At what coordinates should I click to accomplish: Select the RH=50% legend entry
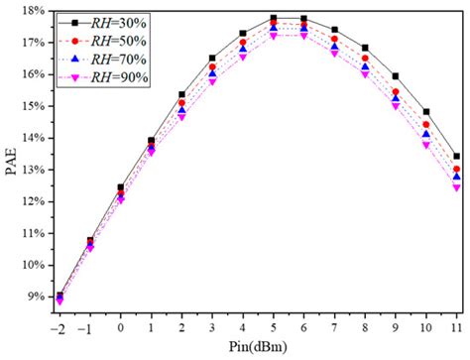(x=115, y=42)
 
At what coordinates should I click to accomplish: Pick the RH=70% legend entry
(x=115, y=60)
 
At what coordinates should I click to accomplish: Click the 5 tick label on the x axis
(x=274, y=324)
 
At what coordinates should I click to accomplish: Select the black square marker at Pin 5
(x=274, y=18)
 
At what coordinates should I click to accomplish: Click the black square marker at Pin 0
(x=121, y=187)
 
